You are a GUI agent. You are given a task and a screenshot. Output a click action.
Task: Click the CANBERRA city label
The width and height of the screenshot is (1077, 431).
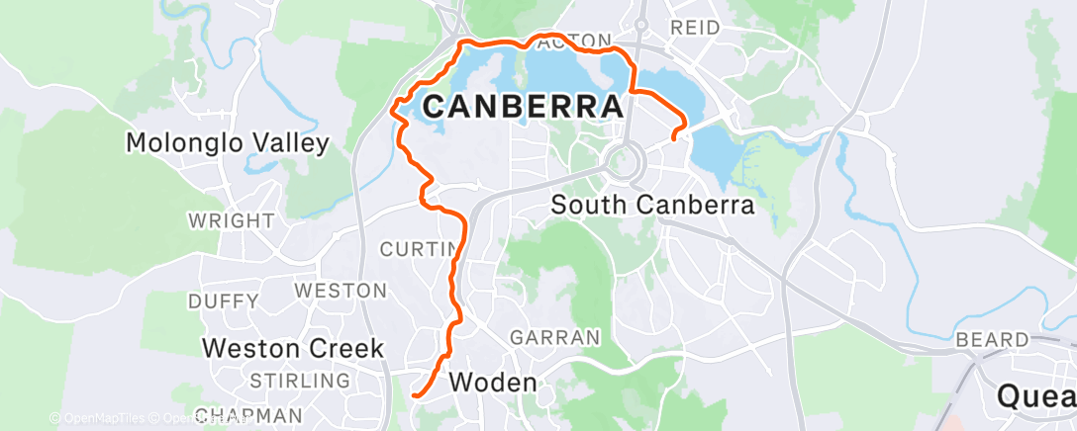tap(524, 107)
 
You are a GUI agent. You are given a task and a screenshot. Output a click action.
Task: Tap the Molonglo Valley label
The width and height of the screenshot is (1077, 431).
tap(227, 143)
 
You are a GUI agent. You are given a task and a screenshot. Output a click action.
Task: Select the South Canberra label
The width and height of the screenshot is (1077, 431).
tap(652, 206)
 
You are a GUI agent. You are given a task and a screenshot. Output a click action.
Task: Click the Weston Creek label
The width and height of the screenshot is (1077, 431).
tap(292, 348)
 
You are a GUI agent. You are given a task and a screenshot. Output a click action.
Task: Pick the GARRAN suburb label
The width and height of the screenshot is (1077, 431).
tap(554, 337)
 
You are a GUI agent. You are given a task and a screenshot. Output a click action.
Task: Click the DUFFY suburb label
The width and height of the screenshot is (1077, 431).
tap(223, 301)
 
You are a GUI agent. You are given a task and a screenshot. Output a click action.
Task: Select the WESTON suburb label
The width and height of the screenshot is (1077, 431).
tap(341, 291)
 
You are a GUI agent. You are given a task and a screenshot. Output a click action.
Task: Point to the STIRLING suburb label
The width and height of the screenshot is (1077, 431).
tap(301, 381)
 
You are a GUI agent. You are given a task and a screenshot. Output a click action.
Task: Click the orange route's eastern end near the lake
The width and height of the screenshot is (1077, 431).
tap(674, 138)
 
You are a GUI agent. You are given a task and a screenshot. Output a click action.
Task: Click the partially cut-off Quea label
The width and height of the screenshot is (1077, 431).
tap(1035, 396)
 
